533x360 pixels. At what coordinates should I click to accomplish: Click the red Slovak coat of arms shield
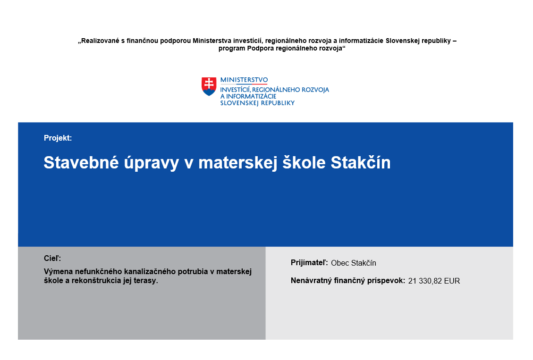pyautogui.click(x=209, y=86)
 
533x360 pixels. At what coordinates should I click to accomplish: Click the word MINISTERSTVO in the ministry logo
pyautogui.click(x=244, y=80)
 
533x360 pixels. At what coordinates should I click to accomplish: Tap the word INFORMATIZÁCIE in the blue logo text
pyautogui.click(x=251, y=96)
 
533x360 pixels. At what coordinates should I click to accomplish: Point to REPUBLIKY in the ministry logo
pyautogui.click(x=278, y=103)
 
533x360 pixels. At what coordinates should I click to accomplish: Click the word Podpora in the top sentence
pyautogui.click(x=261, y=48)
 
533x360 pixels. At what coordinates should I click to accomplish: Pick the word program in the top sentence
pyautogui.click(x=232, y=49)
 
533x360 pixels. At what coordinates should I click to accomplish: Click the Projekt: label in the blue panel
pyautogui.click(x=58, y=138)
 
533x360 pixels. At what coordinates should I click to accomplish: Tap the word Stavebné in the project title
pyautogui.click(x=81, y=162)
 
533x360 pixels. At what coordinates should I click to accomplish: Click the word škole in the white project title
pyautogui.click(x=304, y=162)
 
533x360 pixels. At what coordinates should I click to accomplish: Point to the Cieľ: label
pyautogui.click(x=52, y=258)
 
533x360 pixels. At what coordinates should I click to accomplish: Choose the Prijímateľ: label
pyautogui.click(x=309, y=263)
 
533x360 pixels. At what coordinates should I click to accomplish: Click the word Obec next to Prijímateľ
pyautogui.click(x=340, y=263)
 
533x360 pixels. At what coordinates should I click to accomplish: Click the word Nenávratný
pyautogui.click(x=312, y=281)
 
